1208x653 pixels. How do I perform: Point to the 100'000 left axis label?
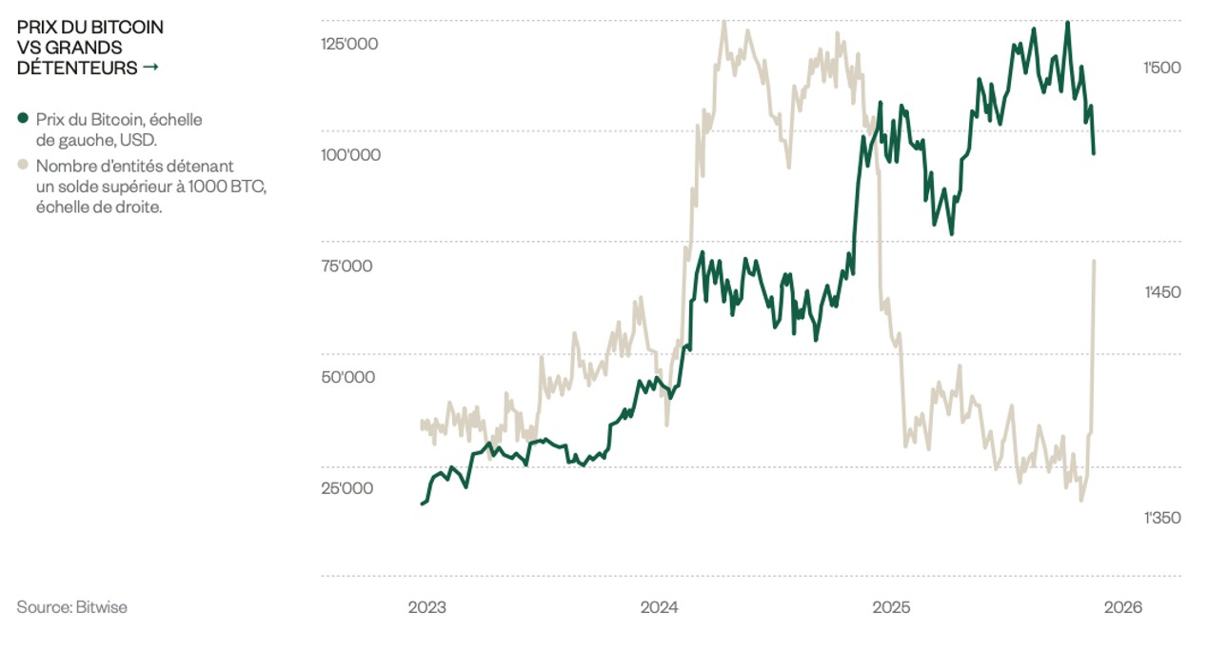pos(350,154)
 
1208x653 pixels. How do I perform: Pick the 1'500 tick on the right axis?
pos(1161,68)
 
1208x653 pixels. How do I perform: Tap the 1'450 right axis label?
pos(1161,292)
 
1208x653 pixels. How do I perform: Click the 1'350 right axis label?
pos(1161,518)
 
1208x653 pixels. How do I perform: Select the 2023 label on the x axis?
pos(426,607)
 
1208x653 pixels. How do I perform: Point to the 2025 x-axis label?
pos(892,607)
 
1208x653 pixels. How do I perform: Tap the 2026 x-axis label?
pos(1124,607)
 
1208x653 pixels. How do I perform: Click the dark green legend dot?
pos(23,119)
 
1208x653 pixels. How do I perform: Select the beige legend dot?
pos(23,166)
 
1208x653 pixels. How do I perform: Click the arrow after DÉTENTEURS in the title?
pos(149,68)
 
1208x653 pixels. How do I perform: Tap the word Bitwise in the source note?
pos(102,607)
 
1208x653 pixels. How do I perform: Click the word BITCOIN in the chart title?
pos(127,27)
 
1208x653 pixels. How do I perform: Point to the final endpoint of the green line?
pos(1094,153)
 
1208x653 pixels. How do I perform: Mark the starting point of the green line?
pos(422,504)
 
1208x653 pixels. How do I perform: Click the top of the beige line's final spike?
pos(1094,261)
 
